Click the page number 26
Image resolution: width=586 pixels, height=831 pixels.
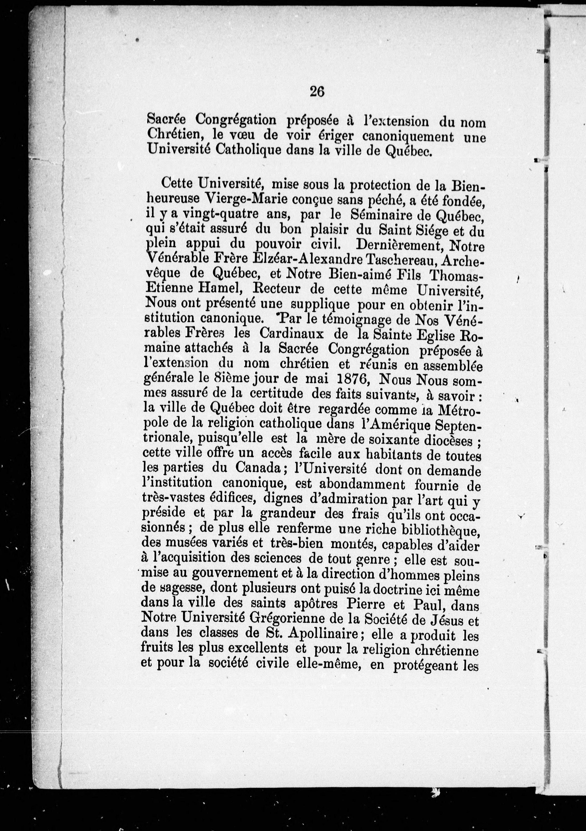tap(317, 92)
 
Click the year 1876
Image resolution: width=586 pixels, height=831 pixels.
tap(353, 380)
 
